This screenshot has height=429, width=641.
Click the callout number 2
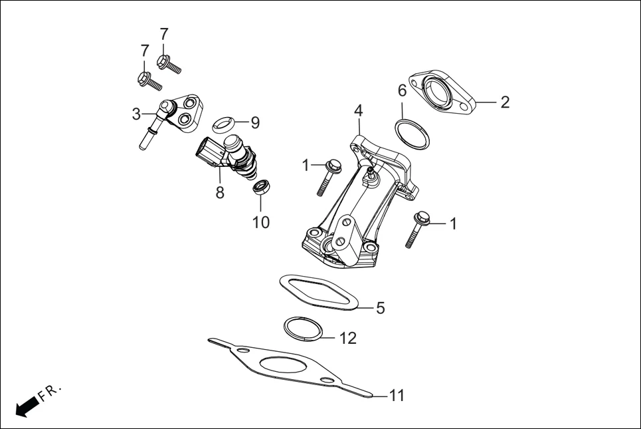click(x=505, y=102)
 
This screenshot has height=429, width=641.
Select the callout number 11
click(x=396, y=396)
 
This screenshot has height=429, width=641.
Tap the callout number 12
click(x=347, y=338)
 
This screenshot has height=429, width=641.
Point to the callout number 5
click(x=380, y=308)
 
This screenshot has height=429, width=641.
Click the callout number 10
click(x=261, y=222)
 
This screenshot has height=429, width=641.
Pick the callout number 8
click(x=220, y=192)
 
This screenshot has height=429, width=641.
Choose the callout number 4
click(x=358, y=110)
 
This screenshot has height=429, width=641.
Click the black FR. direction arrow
click(x=26, y=406)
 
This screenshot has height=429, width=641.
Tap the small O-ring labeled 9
click(x=224, y=123)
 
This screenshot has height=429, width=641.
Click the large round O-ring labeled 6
click(x=413, y=133)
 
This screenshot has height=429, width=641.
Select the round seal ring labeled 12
click(x=304, y=329)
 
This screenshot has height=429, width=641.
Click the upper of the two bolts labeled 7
click(x=169, y=65)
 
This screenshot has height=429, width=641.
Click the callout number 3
click(x=136, y=114)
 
